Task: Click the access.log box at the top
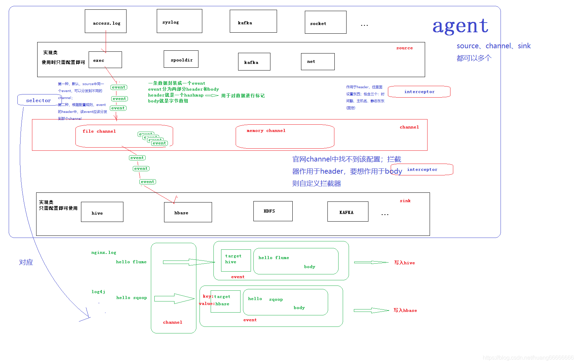106,22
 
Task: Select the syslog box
179,21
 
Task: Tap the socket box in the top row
325,22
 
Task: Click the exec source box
105,60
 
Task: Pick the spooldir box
181,59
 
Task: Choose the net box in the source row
318,62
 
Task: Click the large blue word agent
460,26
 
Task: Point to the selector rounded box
39,100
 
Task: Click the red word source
404,48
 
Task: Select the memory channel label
266,131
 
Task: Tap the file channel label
99,131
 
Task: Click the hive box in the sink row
102,212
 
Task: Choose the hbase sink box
188,212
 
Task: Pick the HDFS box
273,211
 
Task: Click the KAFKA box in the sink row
348,212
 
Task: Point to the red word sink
405,201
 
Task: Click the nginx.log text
104,253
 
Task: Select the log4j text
98,292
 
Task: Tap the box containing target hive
236,260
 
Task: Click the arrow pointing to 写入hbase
371,311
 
